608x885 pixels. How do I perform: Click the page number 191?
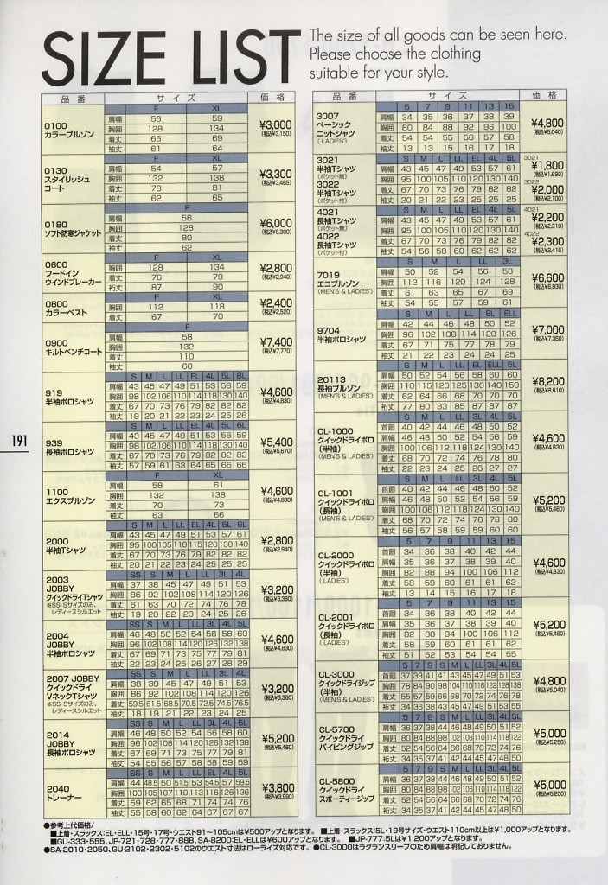click(x=19, y=441)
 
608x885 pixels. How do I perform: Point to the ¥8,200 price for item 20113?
click(x=547, y=380)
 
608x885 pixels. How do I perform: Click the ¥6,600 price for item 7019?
click(x=547, y=277)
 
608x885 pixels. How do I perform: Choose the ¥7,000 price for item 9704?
click(x=547, y=329)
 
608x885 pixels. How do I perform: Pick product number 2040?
click(x=58, y=788)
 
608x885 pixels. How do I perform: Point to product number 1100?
click(x=57, y=491)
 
